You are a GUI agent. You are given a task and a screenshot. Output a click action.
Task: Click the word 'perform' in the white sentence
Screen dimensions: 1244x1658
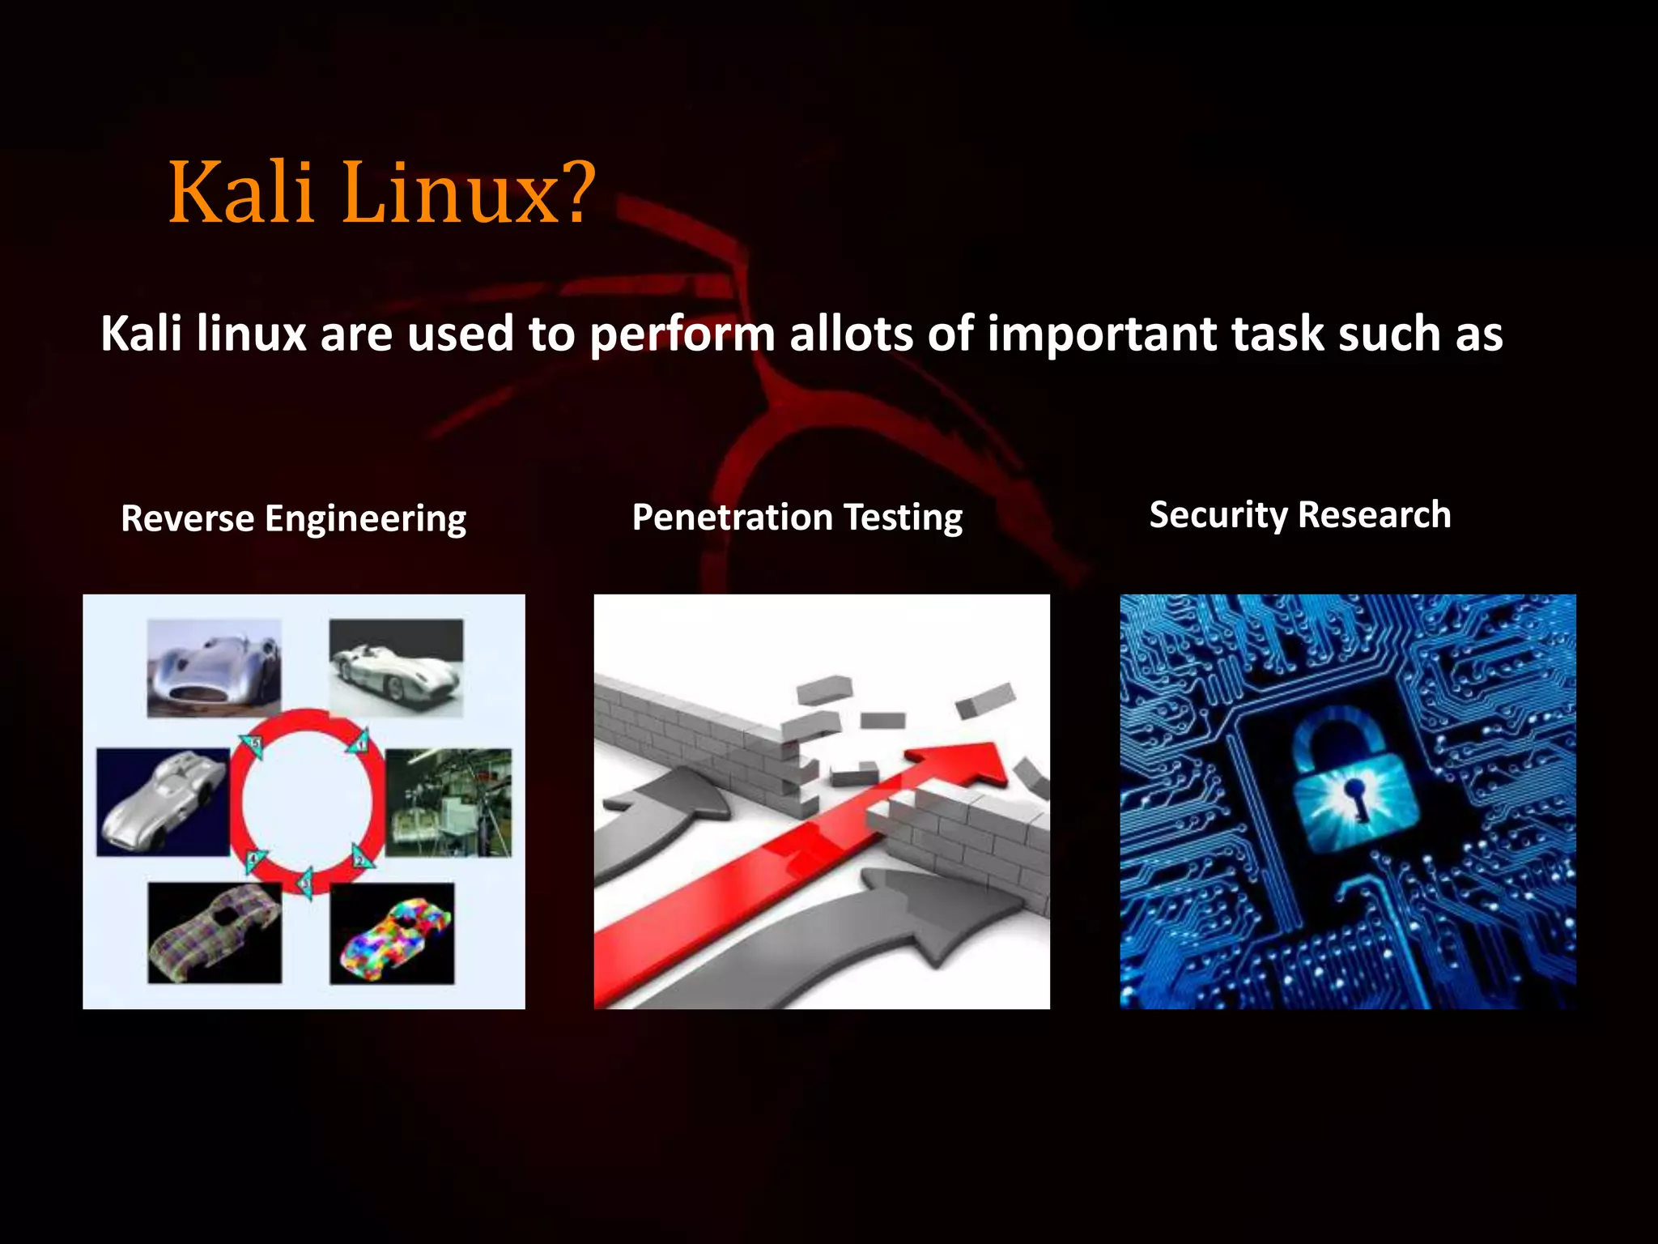click(682, 335)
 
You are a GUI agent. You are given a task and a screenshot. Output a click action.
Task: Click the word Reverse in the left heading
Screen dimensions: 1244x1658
click(187, 518)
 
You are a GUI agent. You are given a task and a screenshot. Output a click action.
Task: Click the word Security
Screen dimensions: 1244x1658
click(1218, 515)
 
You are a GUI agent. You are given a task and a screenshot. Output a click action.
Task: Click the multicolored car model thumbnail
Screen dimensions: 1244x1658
click(393, 934)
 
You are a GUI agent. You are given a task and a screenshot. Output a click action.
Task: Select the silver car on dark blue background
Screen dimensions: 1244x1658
click(163, 802)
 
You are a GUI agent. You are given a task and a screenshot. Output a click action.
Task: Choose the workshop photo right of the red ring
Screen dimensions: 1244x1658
click(449, 803)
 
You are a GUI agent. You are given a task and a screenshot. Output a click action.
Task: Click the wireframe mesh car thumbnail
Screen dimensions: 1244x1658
click(215, 933)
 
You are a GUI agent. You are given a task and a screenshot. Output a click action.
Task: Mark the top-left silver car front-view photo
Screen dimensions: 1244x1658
click(214, 668)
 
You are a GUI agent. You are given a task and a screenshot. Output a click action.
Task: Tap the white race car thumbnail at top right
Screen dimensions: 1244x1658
click(396, 668)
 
